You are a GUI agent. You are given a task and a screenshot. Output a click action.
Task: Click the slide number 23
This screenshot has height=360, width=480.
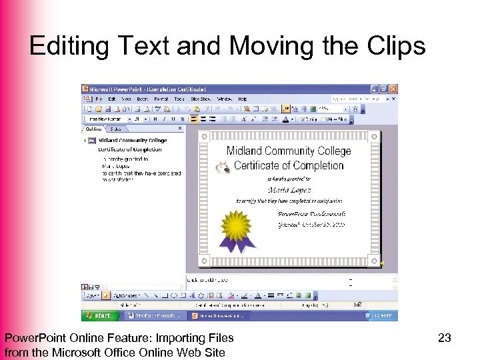coord(445,339)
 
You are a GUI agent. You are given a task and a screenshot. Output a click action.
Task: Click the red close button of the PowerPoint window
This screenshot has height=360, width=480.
coord(393,89)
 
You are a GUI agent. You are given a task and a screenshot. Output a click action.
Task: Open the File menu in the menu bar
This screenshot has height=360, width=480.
coord(99,99)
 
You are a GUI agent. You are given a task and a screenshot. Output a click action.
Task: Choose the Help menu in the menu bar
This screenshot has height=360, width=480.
coord(242,99)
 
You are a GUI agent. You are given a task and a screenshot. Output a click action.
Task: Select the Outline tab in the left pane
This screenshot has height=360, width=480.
coord(94,129)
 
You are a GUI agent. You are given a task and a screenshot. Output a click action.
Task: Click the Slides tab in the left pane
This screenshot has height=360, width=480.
coord(116,129)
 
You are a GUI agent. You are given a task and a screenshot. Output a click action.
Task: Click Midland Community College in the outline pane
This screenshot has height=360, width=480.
coord(132,141)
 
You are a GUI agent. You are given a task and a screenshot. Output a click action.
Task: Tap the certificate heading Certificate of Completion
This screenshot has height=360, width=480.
coord(289,165)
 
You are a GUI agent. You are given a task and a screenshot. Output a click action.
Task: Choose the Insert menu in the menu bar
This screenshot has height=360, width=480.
coord(143,99)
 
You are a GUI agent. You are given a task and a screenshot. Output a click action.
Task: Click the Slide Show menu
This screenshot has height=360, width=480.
coord(200,99)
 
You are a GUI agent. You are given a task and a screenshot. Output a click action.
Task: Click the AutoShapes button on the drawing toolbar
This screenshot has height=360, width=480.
coord(125,295)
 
